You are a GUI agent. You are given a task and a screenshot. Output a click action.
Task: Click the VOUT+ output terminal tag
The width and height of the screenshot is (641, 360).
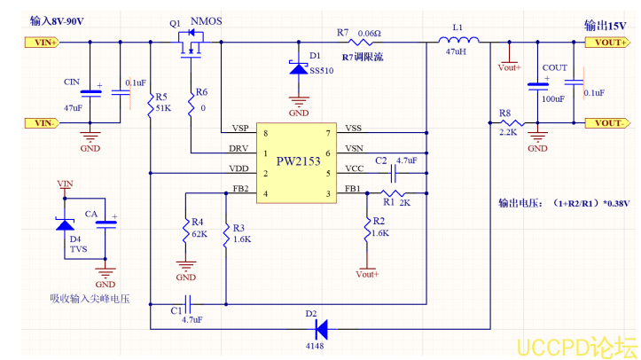click(x=608, y=42)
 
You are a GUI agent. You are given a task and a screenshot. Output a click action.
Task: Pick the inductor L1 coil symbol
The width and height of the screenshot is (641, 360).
click(x=457, y=41)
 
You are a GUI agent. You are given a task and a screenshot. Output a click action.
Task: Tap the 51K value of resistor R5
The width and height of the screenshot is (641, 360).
click(x=163, y=108)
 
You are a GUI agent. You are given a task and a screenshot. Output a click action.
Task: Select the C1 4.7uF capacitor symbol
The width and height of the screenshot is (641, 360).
click(x=187, y=303)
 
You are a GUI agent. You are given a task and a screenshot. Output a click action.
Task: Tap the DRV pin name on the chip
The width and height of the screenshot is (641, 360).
click(x=239, y=148)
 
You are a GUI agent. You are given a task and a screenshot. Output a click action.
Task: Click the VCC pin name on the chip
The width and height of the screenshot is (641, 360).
click(x=353, y=168)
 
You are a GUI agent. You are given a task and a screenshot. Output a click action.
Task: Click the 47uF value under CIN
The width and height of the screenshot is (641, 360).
click(x=73, y=107)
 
